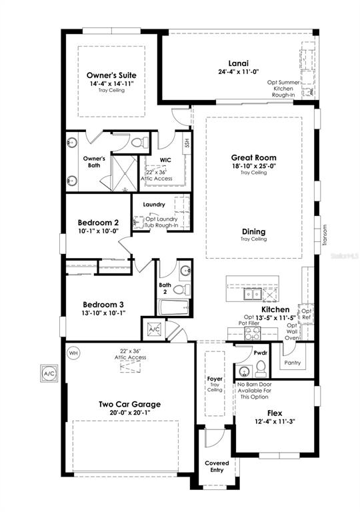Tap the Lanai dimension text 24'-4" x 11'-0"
pyautogui.click(x=233, y=71)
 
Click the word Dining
pyautogui.click(x=253, y=232)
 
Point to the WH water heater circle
pyautogui.click(x=73, y=352)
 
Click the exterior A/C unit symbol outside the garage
pyautogui.click(x=50, y=373)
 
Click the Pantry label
pyautogui.click(x=292, y=363)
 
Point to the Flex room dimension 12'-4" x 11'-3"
pyautogui.click(x=275, y=421)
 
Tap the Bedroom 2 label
pyautogui.click(x=98, y=222)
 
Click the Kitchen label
pyautogui.click(x=275, y=310)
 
